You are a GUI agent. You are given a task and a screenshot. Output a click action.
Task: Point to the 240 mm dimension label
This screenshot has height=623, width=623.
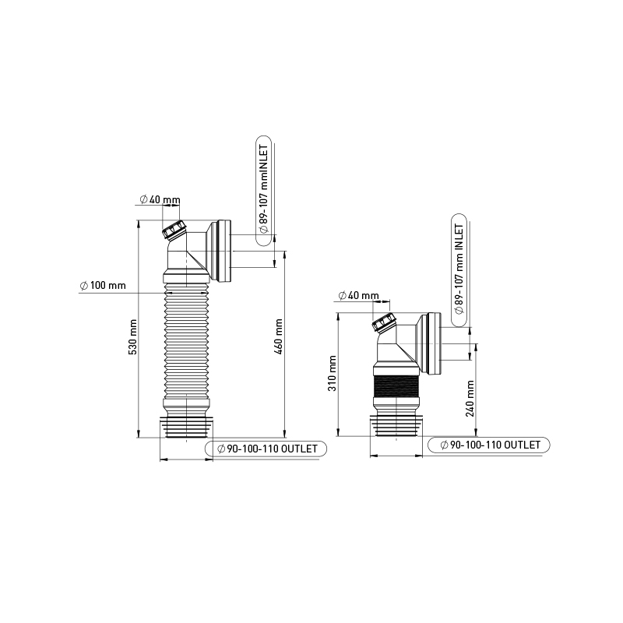click(471, 398)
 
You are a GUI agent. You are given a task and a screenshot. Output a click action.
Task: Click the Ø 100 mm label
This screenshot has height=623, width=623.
click(103, 286)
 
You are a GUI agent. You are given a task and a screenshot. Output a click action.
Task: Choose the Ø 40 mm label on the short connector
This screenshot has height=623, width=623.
click(359, 296)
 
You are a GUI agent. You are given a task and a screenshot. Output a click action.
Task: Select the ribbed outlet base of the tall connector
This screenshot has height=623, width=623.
click(186, 428)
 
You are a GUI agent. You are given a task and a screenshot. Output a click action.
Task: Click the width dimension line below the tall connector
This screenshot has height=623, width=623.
click(186, 460)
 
